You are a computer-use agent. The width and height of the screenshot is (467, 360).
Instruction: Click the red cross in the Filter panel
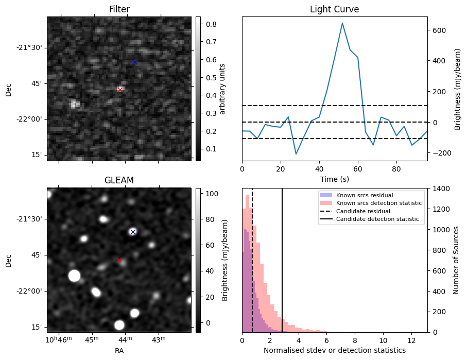tap(120, 90)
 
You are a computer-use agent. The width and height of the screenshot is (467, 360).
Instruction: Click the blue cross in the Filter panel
tap(134, 62)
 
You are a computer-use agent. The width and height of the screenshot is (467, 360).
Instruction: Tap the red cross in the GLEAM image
tap(119, 261)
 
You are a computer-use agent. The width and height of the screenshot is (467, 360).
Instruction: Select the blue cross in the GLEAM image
tap(133, 232)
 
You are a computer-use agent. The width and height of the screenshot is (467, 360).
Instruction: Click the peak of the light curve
tap(342, 23)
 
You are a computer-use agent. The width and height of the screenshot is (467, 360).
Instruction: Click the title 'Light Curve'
tap(334, 9)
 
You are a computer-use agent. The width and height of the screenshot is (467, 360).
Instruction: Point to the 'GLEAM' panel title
tap(119, 180)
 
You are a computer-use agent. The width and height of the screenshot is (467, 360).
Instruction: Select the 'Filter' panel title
tap(119, 9)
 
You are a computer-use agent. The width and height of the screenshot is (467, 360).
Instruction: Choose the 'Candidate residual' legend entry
tap(363, 211)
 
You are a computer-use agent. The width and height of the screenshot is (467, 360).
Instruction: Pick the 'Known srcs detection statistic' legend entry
tap(378, 203)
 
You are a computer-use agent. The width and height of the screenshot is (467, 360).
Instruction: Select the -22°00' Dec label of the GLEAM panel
tap(29, 291)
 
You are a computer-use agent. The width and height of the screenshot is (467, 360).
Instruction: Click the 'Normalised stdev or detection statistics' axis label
tap(334, 350)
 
